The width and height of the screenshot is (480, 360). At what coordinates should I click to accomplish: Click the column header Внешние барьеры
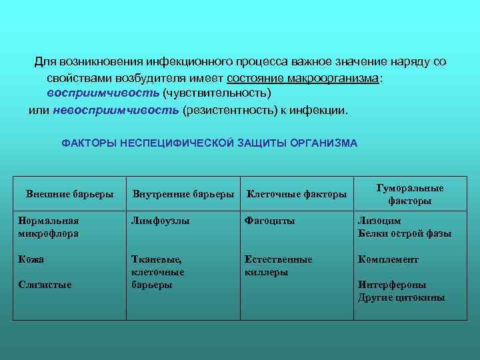(x=69, y=195)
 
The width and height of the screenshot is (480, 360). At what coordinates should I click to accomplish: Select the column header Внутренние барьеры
(x=183, y=195)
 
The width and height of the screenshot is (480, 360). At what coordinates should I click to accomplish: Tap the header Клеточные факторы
(x=296, y=195)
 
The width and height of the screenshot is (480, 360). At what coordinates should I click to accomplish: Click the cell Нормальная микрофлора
(x=49, y=227)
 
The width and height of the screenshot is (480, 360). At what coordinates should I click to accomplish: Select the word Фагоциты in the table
(x=269, y=221)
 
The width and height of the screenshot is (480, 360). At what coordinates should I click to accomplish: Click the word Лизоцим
(x=379, y=221)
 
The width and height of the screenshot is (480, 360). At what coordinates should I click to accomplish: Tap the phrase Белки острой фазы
(x=405, y=233)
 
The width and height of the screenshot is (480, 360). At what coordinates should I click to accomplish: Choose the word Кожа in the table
(x=31, y=259)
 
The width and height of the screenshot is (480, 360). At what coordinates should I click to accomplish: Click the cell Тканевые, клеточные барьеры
(x=158, y=272)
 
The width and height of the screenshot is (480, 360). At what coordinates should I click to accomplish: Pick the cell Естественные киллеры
(x=278, y=265)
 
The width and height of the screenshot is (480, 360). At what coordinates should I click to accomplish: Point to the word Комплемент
(x=389, y=259)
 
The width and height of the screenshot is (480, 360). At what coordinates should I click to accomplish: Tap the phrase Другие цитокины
(x=401, y=297)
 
